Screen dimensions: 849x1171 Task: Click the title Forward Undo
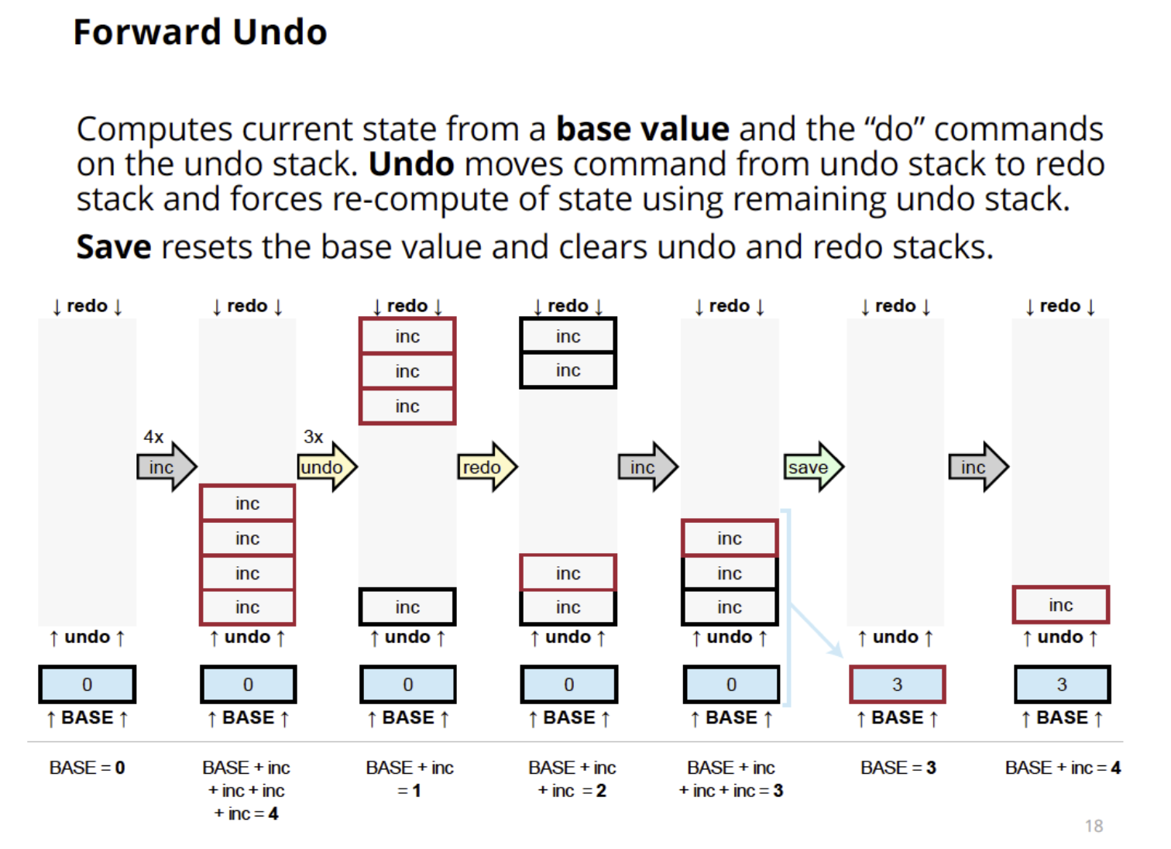(200, 33)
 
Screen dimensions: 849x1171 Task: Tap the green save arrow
(812, 467)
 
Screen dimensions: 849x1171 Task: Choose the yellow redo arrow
(486, 467)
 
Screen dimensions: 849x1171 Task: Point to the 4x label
(153, 437)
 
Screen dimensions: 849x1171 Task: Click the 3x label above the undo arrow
(314, 437)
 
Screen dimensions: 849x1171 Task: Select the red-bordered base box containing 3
(897, 685)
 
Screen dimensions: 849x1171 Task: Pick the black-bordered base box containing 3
(1062, 685)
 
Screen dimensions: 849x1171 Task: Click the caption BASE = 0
(87, 768)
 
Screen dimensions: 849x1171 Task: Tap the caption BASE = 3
(898, 768)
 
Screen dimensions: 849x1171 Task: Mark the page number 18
(1094, 826)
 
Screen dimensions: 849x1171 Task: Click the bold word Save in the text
(114, 248)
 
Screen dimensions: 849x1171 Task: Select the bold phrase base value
(642, 129)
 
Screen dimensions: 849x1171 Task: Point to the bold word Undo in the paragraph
(411, 164)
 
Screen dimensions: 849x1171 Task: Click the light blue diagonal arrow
(816, 629)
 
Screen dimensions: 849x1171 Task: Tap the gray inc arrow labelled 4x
(166, 467)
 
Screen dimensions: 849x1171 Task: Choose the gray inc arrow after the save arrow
(977, 467)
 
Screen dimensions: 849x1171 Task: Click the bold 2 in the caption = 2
(601, 791)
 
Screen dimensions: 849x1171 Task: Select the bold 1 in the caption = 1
(416, 791)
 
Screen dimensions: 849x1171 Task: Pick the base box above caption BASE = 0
(87, 685)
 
